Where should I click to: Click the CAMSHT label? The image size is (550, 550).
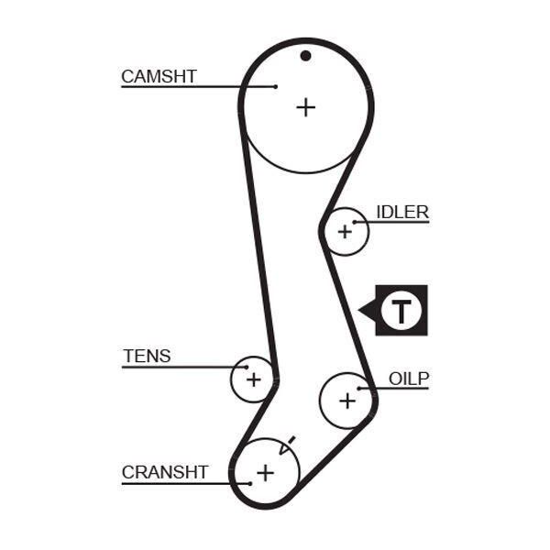coord(159,76)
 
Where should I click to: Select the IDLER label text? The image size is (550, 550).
coord(402,212)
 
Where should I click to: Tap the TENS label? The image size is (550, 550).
coord(147,356)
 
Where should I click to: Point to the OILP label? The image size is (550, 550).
coord(409,379)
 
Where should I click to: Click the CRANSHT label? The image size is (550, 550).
coord(165,472)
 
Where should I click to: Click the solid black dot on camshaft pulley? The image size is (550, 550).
coord(305,56)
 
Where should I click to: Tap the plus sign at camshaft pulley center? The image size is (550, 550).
coord(306,107)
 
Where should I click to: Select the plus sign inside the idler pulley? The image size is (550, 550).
coord(345,232)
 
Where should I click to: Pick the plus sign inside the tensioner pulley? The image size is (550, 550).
coord(254,379)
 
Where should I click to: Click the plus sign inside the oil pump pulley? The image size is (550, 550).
coord(347,401)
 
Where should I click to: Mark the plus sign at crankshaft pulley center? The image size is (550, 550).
coord(266,473)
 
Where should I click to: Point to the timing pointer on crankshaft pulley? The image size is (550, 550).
coord(287,445)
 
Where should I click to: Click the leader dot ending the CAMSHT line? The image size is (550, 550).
coord(276,87)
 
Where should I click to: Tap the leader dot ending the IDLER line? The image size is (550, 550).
coord(355,222)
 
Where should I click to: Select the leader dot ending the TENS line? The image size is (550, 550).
coord(247,368)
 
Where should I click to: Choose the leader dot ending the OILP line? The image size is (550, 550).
coord(358,389)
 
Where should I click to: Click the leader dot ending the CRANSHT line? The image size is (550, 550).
coord(250,484)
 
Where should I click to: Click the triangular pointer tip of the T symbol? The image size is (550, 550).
coord(358,310)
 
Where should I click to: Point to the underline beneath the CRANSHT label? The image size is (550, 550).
coord(186,484)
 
